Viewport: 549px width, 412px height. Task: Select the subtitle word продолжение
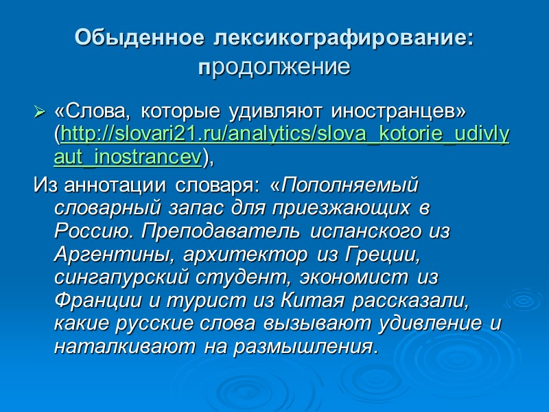(x=274, y=69)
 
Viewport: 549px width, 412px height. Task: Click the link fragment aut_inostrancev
(x=128, y=157)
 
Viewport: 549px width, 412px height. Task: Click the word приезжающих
(x=344, y=209)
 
